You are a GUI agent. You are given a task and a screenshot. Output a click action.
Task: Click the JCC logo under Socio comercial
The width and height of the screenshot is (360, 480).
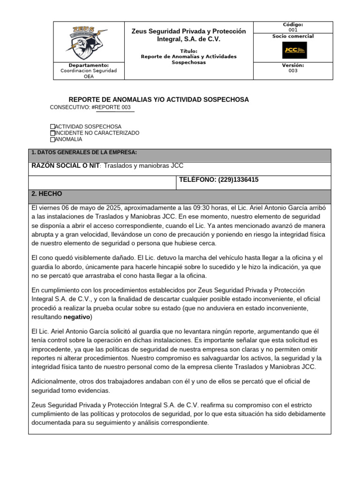click(x=293, y=50)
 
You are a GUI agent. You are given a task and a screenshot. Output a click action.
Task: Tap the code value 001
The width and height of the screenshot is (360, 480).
click(x=293, y=30)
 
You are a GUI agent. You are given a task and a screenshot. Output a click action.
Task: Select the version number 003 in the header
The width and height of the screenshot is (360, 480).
click(x=293, y=71)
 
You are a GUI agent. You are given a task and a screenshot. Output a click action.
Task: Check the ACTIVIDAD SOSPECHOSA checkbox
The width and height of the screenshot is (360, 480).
click(x=52, y=127)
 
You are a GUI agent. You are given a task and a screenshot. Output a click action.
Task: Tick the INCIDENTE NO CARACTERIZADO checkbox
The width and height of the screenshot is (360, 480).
click(x=52, y=133)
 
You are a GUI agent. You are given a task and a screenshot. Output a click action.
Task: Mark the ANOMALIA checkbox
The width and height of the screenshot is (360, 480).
click(x=52, y=139)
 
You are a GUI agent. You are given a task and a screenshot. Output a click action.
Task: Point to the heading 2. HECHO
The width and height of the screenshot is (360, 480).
click(x=46, y=194)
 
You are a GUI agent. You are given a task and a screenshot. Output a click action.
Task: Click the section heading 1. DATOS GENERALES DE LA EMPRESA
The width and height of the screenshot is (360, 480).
click(x=84, y=153)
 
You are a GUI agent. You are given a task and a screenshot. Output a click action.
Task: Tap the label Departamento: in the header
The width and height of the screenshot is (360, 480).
click(x=89, y=65)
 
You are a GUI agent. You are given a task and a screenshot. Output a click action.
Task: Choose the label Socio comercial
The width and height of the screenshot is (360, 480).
click(x=293, y=36)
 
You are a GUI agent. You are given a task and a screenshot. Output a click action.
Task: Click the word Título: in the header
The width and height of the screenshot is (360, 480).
click(x=189, y=51)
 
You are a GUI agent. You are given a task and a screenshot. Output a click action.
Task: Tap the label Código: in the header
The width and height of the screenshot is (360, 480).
click(x=293, y=24)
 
